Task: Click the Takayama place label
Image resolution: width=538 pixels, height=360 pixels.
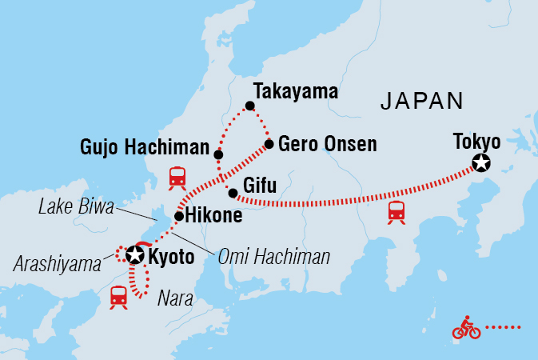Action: tap(295, 90)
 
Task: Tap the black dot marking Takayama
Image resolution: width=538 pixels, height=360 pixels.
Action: tap(250, 106)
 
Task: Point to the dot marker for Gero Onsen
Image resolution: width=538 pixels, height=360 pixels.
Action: tap(269, 144)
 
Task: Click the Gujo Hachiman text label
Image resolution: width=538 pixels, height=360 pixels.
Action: tap(145, 148)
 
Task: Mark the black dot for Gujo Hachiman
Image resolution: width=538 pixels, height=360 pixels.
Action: tap(218, 154)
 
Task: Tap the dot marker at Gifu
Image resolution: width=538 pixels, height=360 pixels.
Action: tap(232, 193)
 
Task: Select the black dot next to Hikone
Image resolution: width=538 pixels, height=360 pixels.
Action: tap(179, 216)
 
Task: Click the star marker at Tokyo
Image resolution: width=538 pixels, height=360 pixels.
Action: tap(480, 164)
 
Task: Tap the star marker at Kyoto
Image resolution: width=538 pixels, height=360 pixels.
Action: tap(135, 255)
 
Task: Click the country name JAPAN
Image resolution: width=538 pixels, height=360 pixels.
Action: tap(422, 101)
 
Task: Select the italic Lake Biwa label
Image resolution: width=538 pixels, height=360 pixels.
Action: tap(76, 206)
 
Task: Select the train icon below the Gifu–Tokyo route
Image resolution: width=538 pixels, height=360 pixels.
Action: tap(396, 211)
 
